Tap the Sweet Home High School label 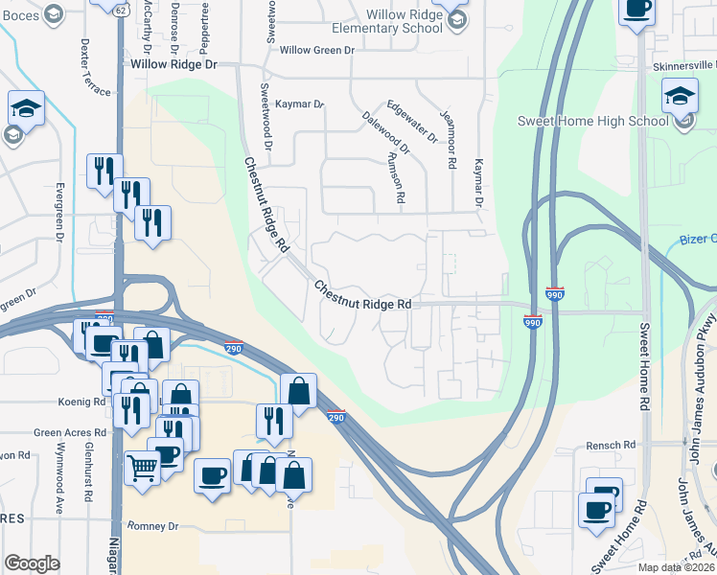pyautogui.click(x=592, y=121)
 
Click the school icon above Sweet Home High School pyautogui.click(x=681, y=96)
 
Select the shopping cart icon pyautogui.click(x=143, y=469)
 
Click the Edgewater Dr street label pyautogui.click(x=411, y=123)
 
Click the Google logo pyautogui.click(x=32, y=563)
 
